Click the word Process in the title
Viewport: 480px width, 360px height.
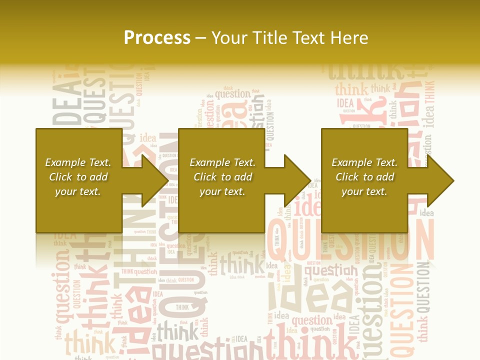[x=157, y=37]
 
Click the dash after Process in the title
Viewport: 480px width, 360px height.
[x=201, y=38]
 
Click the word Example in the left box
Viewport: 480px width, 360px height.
[x=64, y=162]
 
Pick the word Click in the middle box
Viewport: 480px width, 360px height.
[x=205, y=177]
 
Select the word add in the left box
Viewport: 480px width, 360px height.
[x=98, y=177]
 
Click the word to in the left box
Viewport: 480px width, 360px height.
[x=81, y=177]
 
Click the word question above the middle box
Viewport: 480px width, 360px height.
[x=232, y=93]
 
